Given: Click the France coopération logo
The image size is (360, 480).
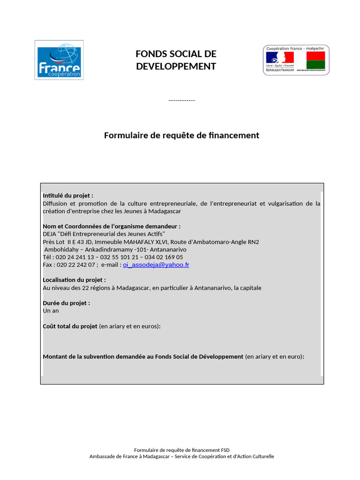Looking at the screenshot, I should click(59, 60).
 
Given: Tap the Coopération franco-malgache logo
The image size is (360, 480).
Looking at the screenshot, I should click(296, 60).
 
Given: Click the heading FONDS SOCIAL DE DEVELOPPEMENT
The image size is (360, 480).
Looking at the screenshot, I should click(176, 60).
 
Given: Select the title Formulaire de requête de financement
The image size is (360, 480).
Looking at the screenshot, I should click(181, 135).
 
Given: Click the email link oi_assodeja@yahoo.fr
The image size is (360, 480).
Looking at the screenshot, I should click(156, 265).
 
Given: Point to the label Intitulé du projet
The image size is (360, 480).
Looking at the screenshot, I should click(68, 195).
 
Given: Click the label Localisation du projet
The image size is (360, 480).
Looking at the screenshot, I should click(71, 280).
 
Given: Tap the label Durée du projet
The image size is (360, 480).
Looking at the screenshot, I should click(66, 303).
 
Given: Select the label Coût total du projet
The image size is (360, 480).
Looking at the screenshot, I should click(70, 326).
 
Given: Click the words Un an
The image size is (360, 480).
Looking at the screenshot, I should click(51, 310).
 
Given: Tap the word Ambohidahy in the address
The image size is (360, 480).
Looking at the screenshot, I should click(62, 249).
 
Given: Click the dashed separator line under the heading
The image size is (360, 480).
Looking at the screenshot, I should click(181, 100).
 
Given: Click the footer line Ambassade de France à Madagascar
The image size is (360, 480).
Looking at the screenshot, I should click(181, 456).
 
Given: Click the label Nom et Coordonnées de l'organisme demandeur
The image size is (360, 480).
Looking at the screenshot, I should click(112, 226).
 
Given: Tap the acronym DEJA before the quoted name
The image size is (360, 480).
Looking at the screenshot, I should click(50, 234).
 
